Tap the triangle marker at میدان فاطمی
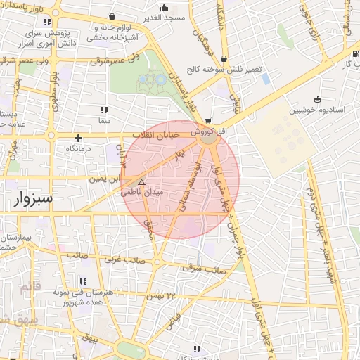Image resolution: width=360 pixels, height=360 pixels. pyautogui.click(x=141, y=181)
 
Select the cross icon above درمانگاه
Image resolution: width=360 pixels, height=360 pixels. pyautogui.click(x=79, y=138)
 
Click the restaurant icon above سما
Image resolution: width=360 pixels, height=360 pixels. pyautogui.click(x=104, y=110)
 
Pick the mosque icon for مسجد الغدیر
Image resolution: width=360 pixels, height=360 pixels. pyautogui.click(x=164, y=8)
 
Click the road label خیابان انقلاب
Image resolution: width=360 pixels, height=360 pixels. pyautogui.click(x=155, y=133)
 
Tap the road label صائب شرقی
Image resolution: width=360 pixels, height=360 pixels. pyautogui.click(x=204, y=268)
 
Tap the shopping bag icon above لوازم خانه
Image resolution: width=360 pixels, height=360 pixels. pyautogui.click(x=113, y=15)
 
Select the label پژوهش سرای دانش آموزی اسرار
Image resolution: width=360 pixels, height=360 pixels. pyautogui.click(x=49, y=38)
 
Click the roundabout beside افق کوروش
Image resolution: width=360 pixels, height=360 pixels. pyautogui.click(x=208, y=139)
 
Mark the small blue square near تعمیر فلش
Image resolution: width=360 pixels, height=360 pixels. pyautogui.click(x=266, y=79)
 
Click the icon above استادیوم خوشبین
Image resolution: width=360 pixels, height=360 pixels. pyautogui.click(x=317, y=98)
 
